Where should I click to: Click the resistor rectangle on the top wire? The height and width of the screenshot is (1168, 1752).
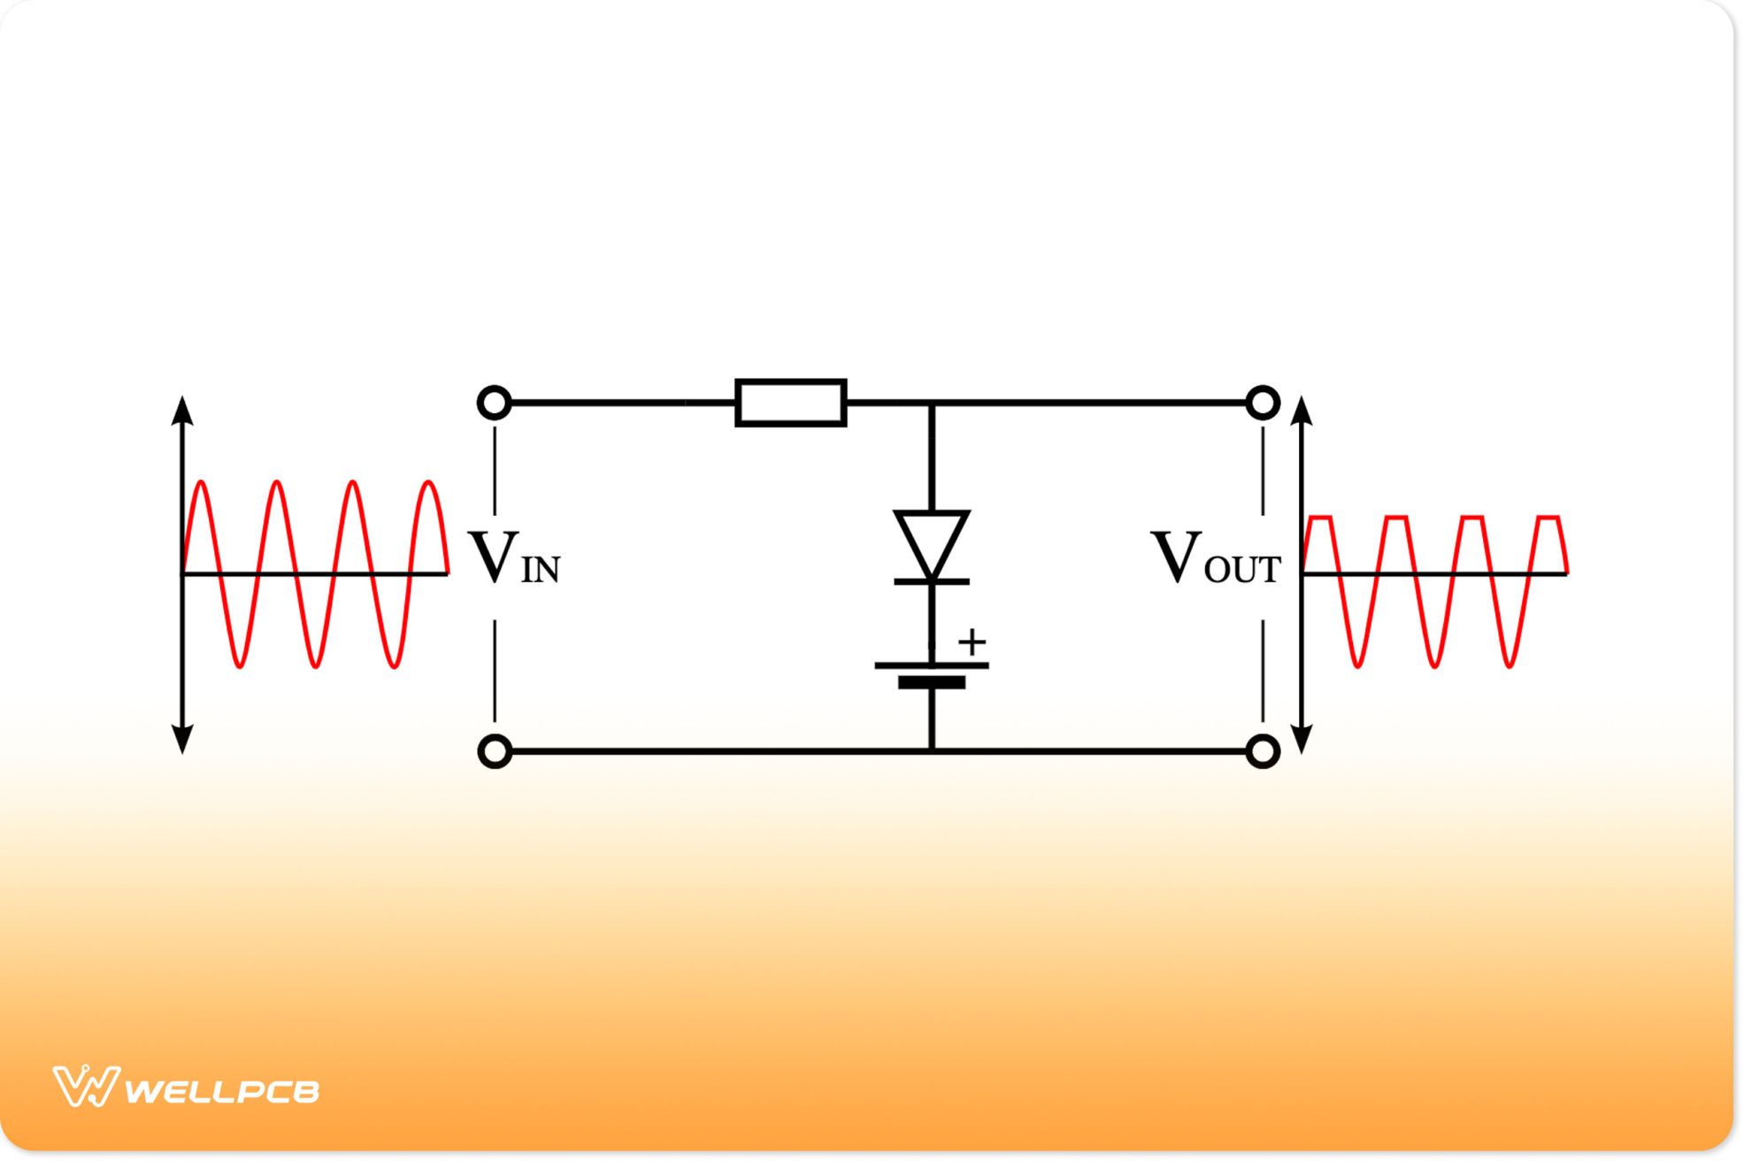tap(790, 403)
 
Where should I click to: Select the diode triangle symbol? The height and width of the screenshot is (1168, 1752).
tap(932, 541)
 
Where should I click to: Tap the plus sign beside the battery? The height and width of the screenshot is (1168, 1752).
tap(972, 642)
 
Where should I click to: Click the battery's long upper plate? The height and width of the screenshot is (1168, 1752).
tap(932, 665)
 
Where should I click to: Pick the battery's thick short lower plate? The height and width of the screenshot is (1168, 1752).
tap(932, 682)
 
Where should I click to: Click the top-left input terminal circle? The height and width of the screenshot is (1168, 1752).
tap(494, 403)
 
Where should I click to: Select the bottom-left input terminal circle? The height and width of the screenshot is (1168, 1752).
tap(494, 751)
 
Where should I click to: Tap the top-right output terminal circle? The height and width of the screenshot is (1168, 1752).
tap(1263, 403)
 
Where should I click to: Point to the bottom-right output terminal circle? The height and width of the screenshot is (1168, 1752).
tap(1263, 751)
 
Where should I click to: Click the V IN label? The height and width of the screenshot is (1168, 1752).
tap(514, 559)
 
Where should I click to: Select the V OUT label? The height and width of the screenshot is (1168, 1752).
tap(1216, 559)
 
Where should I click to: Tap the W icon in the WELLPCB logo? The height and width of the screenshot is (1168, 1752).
tap(85, 1087)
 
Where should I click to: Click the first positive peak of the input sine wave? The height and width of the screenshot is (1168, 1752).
tap(202, 482)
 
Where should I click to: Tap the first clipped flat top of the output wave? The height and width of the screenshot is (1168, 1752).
tap(1319, 517)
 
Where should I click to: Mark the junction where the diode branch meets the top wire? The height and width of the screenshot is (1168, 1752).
tap(932, 403)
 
